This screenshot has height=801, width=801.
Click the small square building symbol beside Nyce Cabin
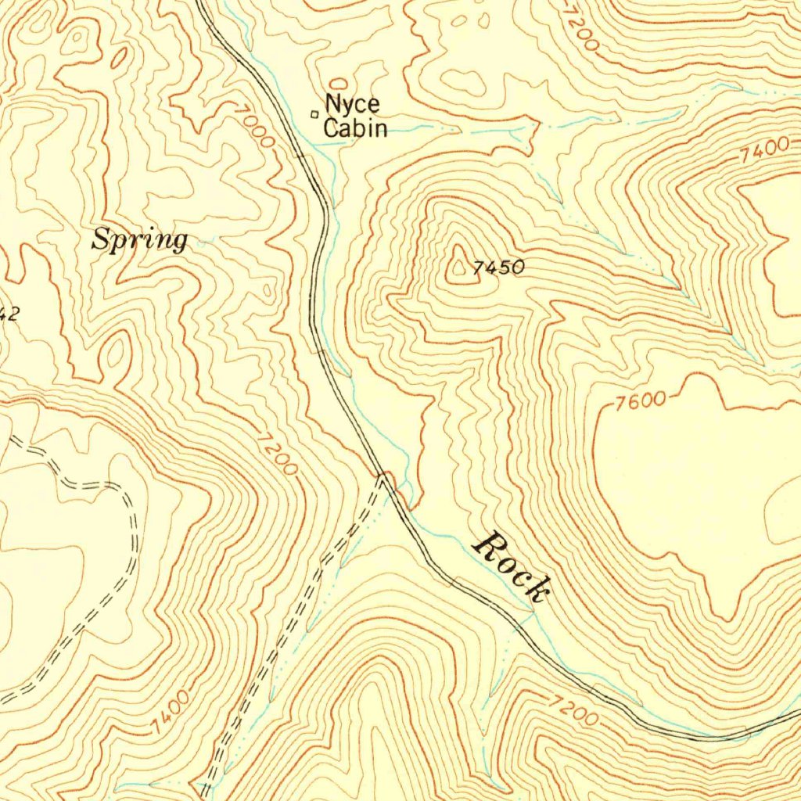(315, 114)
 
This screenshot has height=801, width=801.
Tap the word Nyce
(352, 103)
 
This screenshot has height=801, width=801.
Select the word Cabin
(355, 128)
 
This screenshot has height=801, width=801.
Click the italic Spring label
(140, 239)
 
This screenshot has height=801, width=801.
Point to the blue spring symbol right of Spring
(203, 243)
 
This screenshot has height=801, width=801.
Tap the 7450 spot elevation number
(498, 268)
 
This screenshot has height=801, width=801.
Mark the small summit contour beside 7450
(458, 269)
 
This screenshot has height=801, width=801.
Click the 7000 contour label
(254, 127)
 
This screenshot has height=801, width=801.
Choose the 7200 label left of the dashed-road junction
(276, 455)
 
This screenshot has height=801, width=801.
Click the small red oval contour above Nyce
(339, 83)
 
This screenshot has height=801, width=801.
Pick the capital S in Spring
(102, 239)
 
